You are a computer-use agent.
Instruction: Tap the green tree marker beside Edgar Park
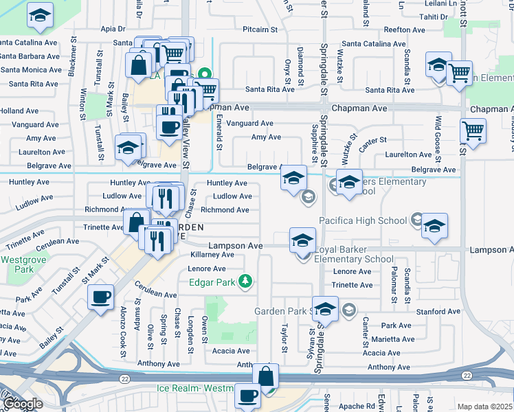click(x=243, y=282)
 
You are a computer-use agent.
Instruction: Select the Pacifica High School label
click(x=362, y=220)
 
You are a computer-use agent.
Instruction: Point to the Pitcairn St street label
click(x=260, y=30)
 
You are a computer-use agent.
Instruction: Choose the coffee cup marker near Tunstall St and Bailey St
click(x=101, y=298)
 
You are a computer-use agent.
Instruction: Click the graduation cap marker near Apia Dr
click(x=41, y=15)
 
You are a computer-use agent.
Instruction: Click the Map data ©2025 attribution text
click(x=485, y=407)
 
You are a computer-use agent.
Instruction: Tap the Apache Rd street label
click(x=376, y=407)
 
